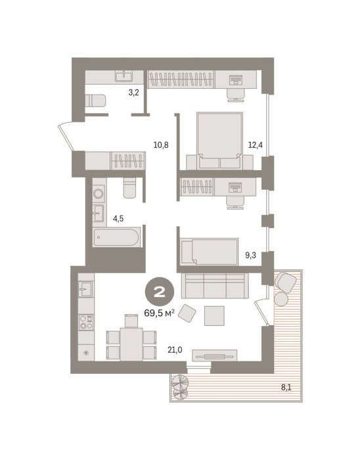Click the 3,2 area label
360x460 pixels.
click(x=133, y=93)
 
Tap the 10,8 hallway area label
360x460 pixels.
click(x=161, y=145)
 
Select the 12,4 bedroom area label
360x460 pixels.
click(x=256, y=145)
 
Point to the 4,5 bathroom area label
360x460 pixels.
click(x=118, y=219)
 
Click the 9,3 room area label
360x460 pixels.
click(x=250, y=255)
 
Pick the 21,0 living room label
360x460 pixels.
click(x=175, y=350)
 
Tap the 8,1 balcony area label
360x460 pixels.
click(x=286, y=387)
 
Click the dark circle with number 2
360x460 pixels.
click(x=160, y=292)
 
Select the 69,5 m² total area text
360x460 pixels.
click(x=160, y=313)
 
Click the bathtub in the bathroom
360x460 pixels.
click(x=116, y=237)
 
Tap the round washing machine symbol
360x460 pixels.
click(x=98, y=194)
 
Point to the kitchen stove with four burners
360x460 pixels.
click(x=86, y=322)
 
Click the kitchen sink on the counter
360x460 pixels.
click(x=86, y=289)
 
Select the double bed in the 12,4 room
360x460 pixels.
click(x=220, y=140)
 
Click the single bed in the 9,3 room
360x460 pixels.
click(x=210, y=252)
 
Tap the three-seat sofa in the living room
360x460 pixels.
click(x=215, y=286)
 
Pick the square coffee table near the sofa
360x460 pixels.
click(x=214, y=315)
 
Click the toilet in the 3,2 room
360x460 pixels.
click(x=95, y=101)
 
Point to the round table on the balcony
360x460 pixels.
click(x=281, y=299)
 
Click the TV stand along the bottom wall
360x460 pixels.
click(x=214, y=356)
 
